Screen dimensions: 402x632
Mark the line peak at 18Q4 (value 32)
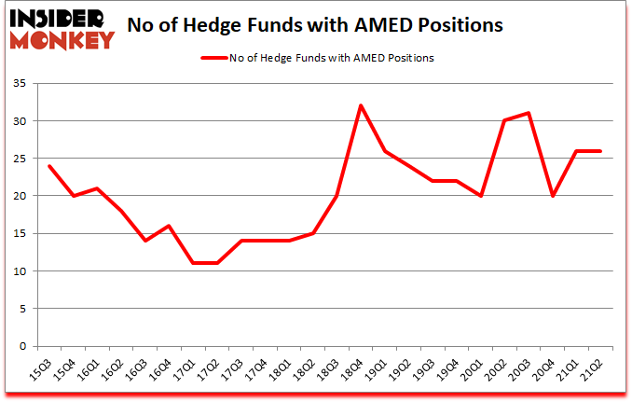361,105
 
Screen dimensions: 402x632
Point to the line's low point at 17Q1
192,263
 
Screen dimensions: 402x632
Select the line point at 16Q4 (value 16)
168,226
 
